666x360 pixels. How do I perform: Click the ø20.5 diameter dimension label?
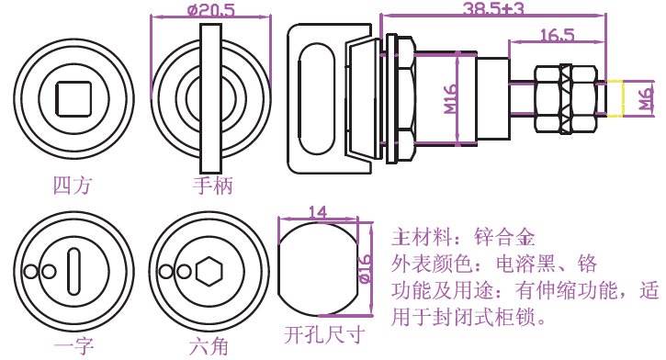[x=211, y=9]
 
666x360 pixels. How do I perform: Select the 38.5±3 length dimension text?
[x=493, y=8]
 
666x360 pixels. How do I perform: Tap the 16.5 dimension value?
[x=557, y=35]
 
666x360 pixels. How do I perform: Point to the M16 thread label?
[x=451, y=99]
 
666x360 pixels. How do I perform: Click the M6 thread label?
[x=646, y=98]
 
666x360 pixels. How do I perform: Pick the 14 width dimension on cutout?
[x=318, y=212]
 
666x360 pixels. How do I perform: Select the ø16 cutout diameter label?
[x=366, y=269]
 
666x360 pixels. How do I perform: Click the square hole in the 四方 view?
[x=73, y=99]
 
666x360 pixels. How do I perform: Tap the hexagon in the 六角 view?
[x=209, y=271]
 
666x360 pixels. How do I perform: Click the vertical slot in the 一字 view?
[x=73, y=271]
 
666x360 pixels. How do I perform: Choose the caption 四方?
[x=73, y=186]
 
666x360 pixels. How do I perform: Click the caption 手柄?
[x=213, y=186]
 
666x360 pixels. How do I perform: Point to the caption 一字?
[x=73, y=345]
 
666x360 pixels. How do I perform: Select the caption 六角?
[x=209, y=345]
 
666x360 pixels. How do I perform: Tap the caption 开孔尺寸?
[x=324, y=335]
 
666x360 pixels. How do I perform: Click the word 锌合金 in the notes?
[x=504, y=237]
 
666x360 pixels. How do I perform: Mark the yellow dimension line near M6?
[x=623, y=98]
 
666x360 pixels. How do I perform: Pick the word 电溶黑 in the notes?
[x=525, y=264]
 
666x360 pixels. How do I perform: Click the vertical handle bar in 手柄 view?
[x=210, y=97]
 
